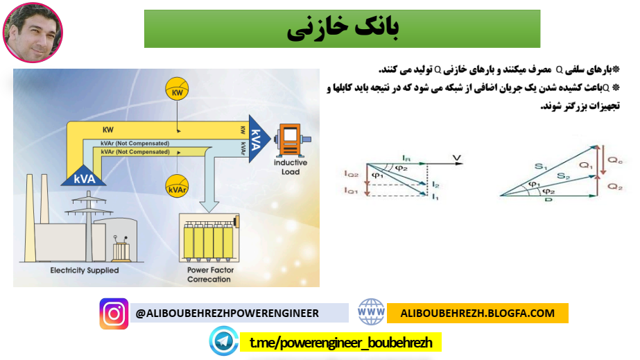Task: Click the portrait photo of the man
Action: [33, 33]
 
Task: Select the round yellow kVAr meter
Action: [178, 187]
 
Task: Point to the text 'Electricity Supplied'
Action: [85, 271]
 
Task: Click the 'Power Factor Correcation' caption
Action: [209, 275]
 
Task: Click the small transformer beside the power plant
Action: [123, 248]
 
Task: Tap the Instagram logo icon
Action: [114, 314]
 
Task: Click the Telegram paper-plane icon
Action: [224, 342]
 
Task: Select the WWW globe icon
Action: [371, 313]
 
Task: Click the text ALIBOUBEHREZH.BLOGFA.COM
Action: [478, 313]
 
